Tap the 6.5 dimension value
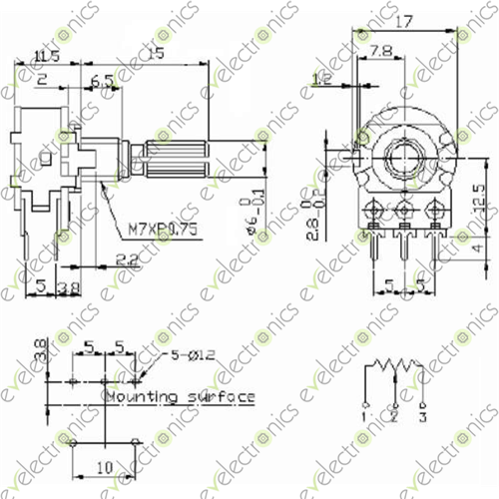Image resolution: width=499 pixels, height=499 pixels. [x=101, y=80]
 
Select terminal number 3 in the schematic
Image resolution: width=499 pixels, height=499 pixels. [x=423, y=415]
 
